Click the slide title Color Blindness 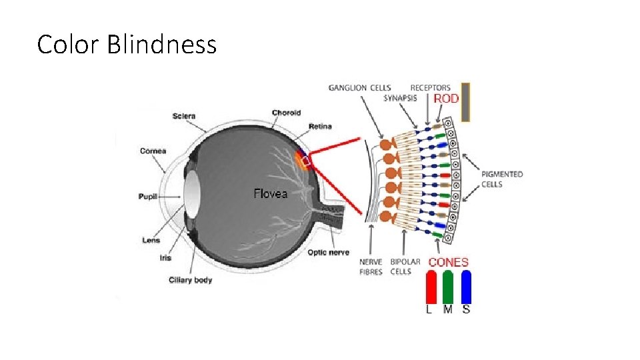coord(127,45)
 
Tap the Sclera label coord(183,116)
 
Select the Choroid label coord(286,113)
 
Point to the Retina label coord(319,127)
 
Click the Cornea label coord(153,151)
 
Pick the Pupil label coord(148,197)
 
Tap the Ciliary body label coord(190,280)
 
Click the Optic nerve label coord(328,253)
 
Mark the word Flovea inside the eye coord(270,194)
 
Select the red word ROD coord(446,99)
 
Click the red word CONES coord(448,263)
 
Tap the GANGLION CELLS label coord(360,88)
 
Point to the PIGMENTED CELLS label coord(502,179)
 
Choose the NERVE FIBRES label coord(371,267)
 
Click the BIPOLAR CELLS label coord(405,267)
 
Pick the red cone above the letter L coord(431,287)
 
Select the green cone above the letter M coord(448,287)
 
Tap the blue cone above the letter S coord(466,287)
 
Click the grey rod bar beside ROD coord(466,101)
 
